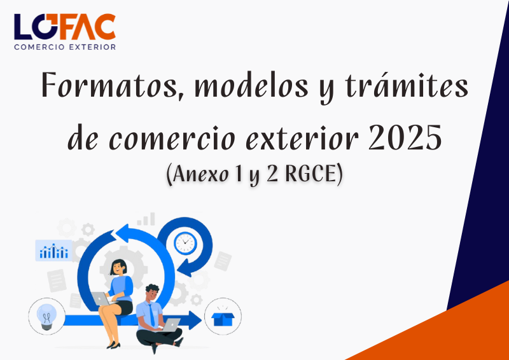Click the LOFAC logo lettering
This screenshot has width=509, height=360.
pyautogui.click(x=65, y=27)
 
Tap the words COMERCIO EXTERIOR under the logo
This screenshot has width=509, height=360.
pyautogui.click(x=65, y=47)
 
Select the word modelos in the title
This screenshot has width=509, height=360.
pyautogui.click(x=251, y=86)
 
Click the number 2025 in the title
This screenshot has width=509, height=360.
pyautogui.click(x=405, y=137)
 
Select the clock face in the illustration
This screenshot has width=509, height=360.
pyautogui.click(x=185, y=243)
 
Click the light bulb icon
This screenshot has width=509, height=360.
pyautogui.click(x=46, y=317)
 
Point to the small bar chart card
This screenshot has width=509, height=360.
pyautogui.click(x=53, y=251)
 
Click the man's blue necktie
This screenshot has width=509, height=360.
pyautogui.click(x=151, y=315)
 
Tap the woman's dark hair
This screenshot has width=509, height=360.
pyautogui.click(x=117, y=267)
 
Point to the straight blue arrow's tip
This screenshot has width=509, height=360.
pyautogui.click(x=202, y=321)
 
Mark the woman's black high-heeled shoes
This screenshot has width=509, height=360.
pyautogui.click(x=113, y=345)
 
